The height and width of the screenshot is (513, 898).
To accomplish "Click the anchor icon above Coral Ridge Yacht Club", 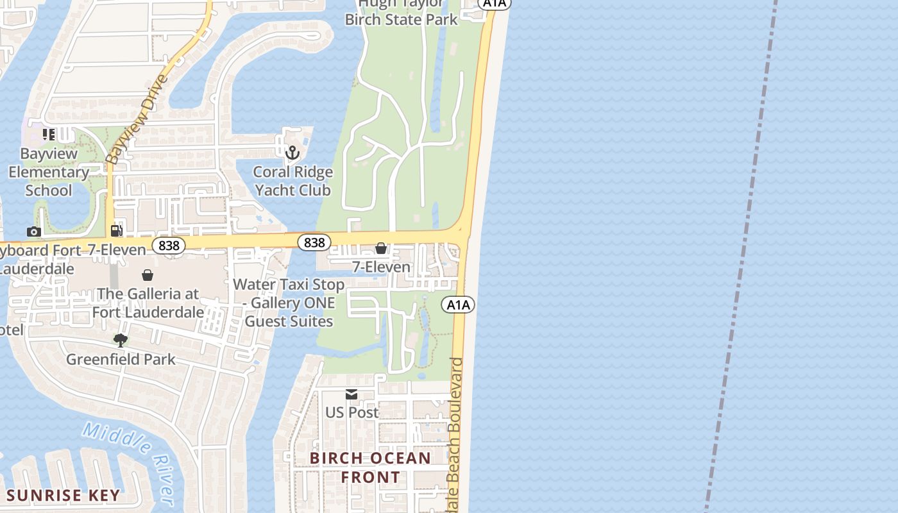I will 292,153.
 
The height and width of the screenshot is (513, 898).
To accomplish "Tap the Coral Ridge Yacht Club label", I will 292,181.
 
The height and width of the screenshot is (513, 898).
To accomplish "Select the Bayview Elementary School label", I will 49,172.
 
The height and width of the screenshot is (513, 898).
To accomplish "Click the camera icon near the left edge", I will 34,231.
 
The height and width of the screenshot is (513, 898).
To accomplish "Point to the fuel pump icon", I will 117,231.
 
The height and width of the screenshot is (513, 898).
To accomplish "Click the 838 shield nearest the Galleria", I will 169,246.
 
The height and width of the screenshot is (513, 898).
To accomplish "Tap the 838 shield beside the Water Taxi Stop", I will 314,242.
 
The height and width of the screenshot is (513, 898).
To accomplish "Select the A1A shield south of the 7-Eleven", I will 458,305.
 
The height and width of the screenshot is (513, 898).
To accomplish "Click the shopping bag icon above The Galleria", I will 148,275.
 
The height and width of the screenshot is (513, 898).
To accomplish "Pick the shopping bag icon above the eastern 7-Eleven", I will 381,248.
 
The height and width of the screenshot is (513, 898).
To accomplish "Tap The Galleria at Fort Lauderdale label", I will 148,303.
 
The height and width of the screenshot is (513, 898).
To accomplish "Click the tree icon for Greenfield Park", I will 121,340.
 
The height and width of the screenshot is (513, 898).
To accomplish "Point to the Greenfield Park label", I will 121,359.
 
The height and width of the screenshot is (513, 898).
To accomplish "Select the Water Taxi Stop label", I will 289,303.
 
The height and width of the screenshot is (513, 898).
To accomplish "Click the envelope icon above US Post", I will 352,394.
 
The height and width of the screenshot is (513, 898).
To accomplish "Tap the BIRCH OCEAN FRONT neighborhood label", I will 370,467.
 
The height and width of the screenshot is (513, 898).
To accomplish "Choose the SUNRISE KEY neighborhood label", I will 63,496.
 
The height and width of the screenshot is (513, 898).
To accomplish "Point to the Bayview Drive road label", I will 136,120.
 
